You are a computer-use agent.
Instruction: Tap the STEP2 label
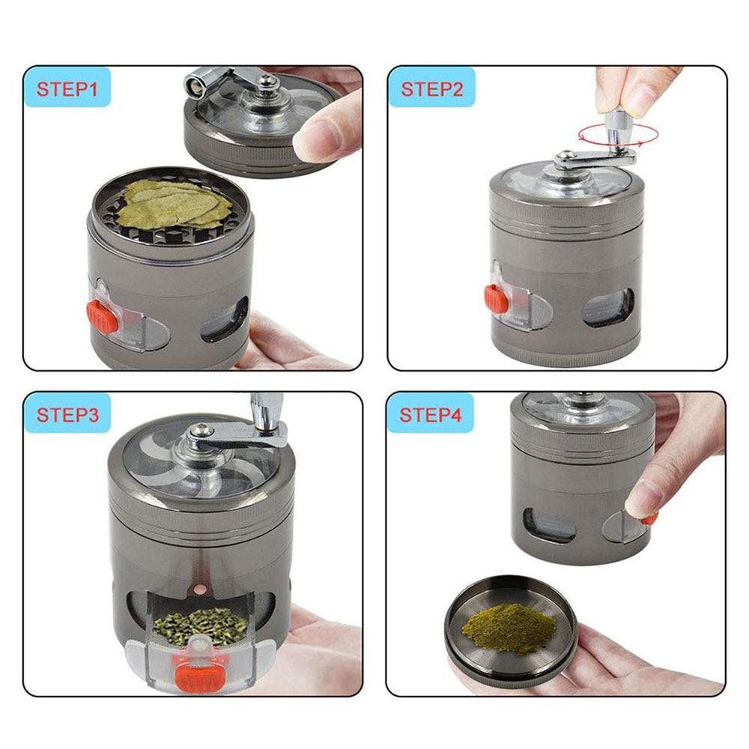(432, 88)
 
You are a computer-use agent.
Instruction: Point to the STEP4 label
(432, 414)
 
